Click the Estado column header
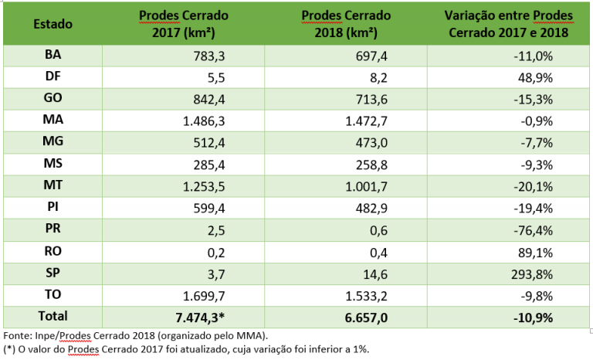point(53,24)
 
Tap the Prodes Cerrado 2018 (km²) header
point(346,24)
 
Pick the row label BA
point(53,56)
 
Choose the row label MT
point(53,185)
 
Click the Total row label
point(53,316)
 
